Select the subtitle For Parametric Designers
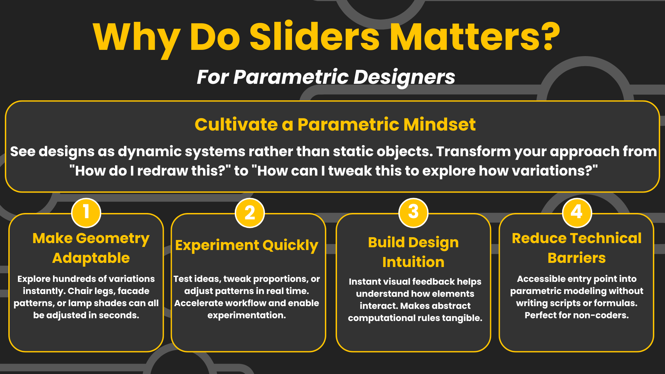326,77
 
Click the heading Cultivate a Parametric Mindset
335,124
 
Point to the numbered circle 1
86,213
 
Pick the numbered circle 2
249,213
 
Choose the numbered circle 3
413,213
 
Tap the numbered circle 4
577,213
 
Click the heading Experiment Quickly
247,246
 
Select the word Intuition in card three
413,262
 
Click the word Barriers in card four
577,258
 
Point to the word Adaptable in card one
91,258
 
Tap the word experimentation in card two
247,315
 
